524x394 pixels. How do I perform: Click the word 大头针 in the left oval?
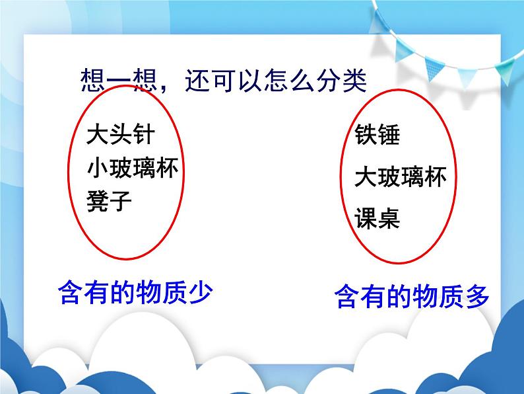(120, 135)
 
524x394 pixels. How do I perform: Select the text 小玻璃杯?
(132, 169)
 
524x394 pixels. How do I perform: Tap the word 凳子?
(109, 201)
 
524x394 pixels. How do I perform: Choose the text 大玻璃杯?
(400, 177)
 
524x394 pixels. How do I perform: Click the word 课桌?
(377, 218)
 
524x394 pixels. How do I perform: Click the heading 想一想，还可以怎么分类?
(222, 81)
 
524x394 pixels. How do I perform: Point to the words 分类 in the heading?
(342, 81)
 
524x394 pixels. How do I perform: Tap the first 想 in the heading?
(91, 81)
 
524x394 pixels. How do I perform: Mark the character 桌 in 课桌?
(389, 218)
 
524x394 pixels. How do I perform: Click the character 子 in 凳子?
(120, 201)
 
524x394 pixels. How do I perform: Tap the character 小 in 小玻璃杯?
(98, 169)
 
